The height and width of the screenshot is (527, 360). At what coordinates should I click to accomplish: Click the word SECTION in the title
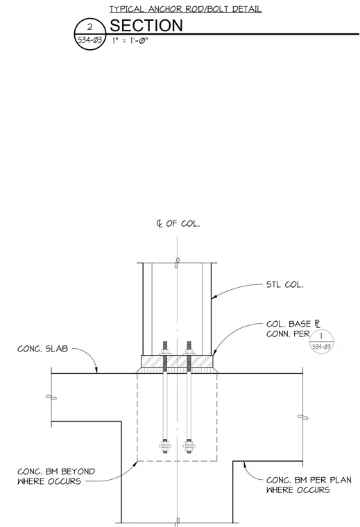pyautogui.click(x=146, y=26)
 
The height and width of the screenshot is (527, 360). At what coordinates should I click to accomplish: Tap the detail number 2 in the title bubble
pyautogui.click(x=89, y=27)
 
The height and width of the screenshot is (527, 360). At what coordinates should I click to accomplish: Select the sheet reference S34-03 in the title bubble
pyautogui.click(x=89, y=40)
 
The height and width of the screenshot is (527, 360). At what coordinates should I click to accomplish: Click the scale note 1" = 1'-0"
pyautogui.click(x=130, y=41)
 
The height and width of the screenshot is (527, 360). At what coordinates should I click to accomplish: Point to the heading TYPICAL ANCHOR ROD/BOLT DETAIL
pyautogui.click(x=185, y=9)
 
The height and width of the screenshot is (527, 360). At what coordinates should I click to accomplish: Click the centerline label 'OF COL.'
pyautogui.click(x=182, y=223)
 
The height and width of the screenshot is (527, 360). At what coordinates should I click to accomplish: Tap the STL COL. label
pyautogui.click(x=284, y=285)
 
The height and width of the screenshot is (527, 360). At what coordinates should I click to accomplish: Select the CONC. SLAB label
pyautogui.click(x=43, y=349)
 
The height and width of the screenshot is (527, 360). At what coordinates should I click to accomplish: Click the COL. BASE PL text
pyautogui.click(x=293, y=324)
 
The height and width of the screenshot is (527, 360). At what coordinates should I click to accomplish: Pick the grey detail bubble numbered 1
pyautogui.click(x=321, y=341)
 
